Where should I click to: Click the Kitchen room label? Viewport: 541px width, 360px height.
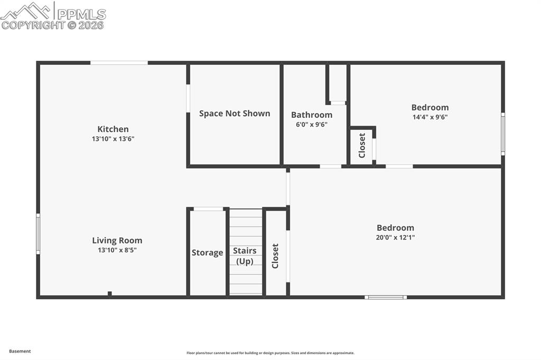(x=113, y=129)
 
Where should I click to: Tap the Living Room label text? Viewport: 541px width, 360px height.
(x=117, y=241)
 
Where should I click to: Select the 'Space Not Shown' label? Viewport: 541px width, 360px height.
(x=235, y=113)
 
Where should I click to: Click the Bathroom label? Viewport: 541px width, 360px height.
(x=312, y=115)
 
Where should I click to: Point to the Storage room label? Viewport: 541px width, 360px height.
(x=207, y=253)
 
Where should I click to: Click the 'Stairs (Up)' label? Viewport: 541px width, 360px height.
(x=245, y=256)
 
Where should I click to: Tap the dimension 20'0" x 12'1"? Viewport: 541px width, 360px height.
(x=395, y=238)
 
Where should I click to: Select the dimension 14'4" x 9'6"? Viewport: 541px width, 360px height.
(x=430, y=117)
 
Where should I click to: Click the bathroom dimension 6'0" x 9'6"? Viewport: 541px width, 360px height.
(x=312, y=125)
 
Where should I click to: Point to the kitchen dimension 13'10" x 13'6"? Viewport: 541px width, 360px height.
(x=113, y=139)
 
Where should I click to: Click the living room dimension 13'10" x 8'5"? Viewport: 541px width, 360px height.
(x=117, y=250)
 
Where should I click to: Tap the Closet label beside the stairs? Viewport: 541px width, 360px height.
(x=275, y=256)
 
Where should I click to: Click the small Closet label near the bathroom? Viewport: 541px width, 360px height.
(x=362, y=146)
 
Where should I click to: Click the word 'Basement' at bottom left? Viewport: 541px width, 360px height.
(x=20, y=351)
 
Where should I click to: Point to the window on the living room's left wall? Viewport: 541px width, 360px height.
(x=38, y=234)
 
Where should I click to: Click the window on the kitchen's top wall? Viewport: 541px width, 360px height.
(x=119, y=63)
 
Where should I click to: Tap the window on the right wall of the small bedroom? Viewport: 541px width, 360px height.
(x=503, y=134)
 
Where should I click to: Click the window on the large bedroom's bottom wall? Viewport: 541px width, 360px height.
(x=386, y=297)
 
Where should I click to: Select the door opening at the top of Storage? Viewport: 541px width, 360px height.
(x=208, y=209)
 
